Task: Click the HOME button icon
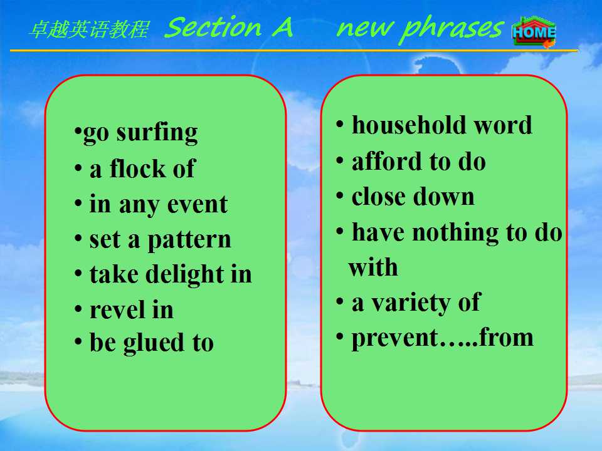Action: click(534, 32)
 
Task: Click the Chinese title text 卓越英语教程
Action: click(89, 29)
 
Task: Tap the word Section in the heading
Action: click(213, 27)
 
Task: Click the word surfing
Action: click(157, 133)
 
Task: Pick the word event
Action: click(198, 204)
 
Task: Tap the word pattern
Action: click(189, 241)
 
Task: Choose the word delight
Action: click(186, 274)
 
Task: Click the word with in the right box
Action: click(372, 267)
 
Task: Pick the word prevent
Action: click(395, 339)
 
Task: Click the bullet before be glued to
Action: click(78, 341)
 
